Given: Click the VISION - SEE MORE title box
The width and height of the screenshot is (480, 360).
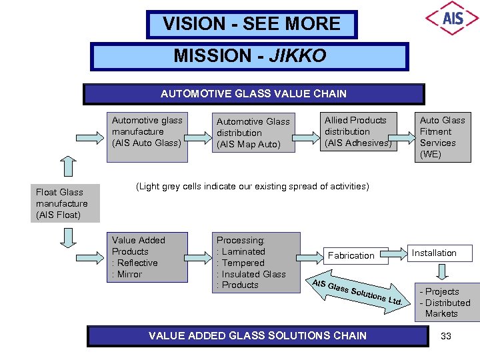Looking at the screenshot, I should [x=252, y=25].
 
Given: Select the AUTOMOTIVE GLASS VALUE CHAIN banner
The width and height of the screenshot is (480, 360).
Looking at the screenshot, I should [x=253, y=94].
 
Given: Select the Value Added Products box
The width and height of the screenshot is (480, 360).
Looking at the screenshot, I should [x=148, y=258].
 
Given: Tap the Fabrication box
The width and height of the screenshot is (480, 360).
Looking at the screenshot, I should [x=351, y=255].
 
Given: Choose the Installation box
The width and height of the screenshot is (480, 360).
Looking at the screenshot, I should [x=440, y=253].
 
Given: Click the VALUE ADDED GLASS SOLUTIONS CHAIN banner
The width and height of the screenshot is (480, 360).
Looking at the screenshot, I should [x=257, y=335].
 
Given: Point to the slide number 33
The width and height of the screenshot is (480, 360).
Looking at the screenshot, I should [x=446, y=336].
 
